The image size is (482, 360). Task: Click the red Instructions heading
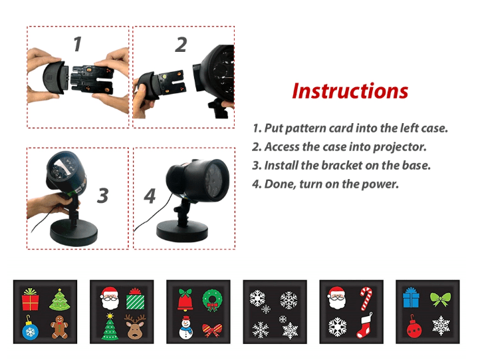(x=350, y=91)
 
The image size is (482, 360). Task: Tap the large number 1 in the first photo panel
(x=78, y=44)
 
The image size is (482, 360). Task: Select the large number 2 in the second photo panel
(x=181, y=45)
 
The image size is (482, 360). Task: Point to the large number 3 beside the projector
(x=102, y=196)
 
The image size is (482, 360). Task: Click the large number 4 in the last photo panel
(x=150, y=196)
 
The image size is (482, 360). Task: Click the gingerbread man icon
(x=59, y=327)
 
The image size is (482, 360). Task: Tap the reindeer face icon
(x=135, y=327)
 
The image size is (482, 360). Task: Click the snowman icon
(x=185, y=327)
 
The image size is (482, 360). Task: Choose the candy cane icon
(x=366, y=299)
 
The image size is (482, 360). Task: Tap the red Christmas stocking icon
(x=364, y=326)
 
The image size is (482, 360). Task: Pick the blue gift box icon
(x=411, y=297)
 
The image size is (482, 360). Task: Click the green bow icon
(x=440, y=299)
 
